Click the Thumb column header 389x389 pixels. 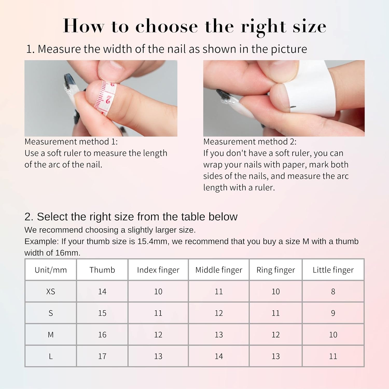click(x=102, y=270)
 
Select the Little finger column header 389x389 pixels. click(x=333, y=270)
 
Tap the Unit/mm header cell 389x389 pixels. click(x=51, y=270)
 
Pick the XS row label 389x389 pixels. click(x=51, y=291)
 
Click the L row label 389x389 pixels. click(x=51, y=356)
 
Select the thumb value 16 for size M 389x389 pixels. click(x=102, y=335)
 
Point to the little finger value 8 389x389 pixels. click(x=333, y=291)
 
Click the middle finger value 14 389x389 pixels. click(x=219, y=356)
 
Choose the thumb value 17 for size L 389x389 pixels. click(x=102, y=356)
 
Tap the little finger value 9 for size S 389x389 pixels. click(x=333, y=313)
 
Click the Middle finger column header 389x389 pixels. click(x=219, y=270)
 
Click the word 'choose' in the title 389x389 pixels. click(x=166, y=26)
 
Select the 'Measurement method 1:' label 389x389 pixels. click(x=71, y=142)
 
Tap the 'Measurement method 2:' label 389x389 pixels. click(x=250, y=142)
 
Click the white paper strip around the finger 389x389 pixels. click(x=309, y=86)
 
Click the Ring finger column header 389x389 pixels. click(x=275, y=270)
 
